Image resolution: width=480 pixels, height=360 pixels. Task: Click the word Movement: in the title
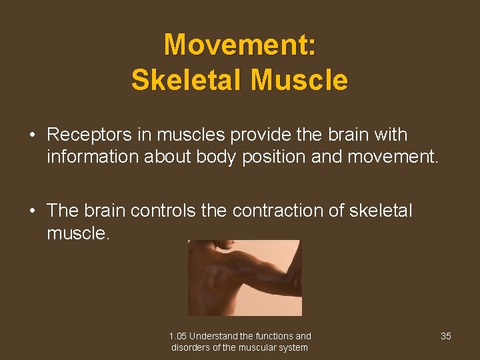point(240,45)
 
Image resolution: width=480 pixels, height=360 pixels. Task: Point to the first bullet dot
point(32,135)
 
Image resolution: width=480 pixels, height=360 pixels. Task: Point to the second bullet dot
point(32,211)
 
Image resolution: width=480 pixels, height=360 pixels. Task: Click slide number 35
point(446,336)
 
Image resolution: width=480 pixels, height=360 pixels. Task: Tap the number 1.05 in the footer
point(178,336)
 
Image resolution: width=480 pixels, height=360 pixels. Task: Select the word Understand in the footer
point(215,336)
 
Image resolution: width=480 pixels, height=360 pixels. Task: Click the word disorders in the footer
point(190,347)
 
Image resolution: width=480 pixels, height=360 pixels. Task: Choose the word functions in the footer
point(273,336)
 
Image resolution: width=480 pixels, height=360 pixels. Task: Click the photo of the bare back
point(245,277)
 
